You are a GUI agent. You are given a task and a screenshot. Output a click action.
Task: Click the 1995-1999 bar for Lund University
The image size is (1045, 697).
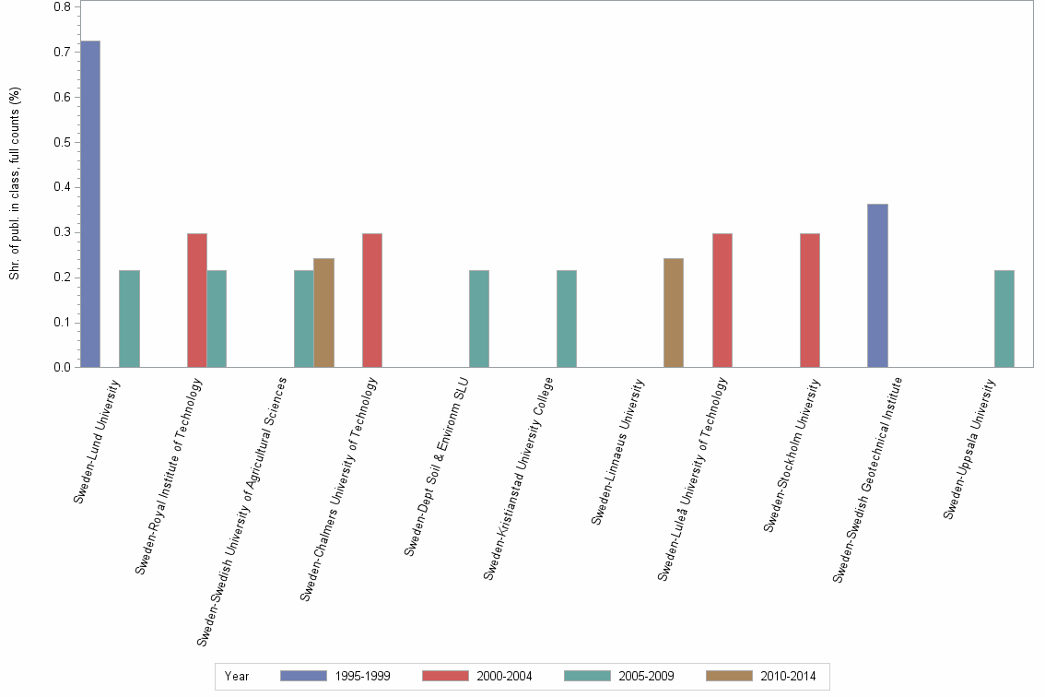90,204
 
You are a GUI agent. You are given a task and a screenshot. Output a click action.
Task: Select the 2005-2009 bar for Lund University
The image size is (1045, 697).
129,319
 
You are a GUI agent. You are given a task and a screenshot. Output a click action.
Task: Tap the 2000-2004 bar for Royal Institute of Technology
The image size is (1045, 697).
197,301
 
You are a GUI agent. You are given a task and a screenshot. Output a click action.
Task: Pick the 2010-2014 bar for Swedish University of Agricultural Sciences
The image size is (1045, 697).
323,313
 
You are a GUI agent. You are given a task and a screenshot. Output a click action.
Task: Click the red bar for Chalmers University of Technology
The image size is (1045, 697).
372,301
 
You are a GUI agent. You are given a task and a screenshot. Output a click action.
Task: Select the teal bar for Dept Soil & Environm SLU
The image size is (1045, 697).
479,319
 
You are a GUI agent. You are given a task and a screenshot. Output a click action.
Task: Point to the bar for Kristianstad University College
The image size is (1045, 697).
567,319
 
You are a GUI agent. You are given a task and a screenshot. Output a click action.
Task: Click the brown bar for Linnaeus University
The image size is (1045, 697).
674,313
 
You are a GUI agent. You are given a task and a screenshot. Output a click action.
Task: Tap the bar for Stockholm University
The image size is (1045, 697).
810,301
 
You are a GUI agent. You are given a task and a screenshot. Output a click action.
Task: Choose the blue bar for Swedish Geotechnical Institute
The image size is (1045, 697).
877,286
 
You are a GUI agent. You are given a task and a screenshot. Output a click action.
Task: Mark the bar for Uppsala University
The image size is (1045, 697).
1004,319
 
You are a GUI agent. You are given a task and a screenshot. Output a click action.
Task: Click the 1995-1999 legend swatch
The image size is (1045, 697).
303,677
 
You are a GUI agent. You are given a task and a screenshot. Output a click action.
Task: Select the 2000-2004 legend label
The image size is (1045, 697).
504,677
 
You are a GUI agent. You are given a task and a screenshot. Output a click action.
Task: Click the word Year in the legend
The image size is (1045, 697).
237,677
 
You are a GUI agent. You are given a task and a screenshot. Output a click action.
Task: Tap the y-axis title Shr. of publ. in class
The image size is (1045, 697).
15,184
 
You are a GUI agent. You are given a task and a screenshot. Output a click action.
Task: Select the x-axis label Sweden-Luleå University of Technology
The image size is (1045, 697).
693,479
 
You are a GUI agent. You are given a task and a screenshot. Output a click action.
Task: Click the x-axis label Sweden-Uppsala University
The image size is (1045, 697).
971,447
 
